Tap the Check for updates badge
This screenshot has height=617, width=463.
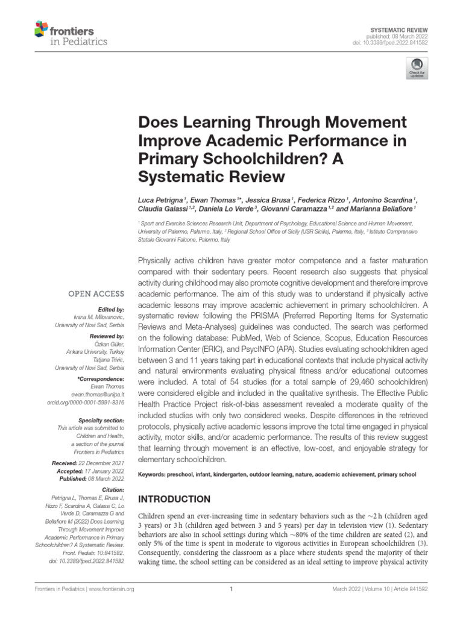417,68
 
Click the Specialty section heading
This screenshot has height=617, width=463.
101,419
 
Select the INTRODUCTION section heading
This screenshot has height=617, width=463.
174,500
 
